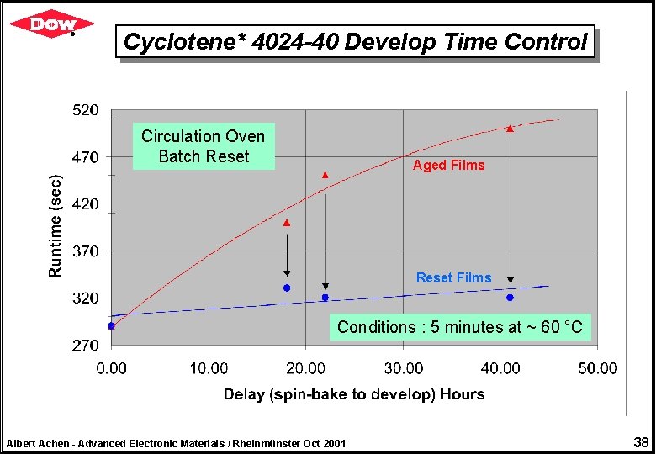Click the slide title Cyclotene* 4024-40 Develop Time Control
pyautogui.click(x=355, y=41)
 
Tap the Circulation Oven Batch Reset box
pyautogui.click(x=204, y=146)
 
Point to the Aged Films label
pyautogui.click(x=448, y=166)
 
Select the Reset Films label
pyautogui.click(x=453, y=277)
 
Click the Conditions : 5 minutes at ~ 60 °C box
pyautogui.click(x=459, y=327)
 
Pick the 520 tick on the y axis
pyautogui.click(x=85, y=110)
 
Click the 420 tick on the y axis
pyautogui.click(x=85, y=204)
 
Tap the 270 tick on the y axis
pyautogui.click(x=85, y=345)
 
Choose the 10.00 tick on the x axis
pyautogui.click(x=209, y=368)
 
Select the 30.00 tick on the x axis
pyautogui.click(x=404, y=368)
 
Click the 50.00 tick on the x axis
pyautogui.click(x=598, y=368)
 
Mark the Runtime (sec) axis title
pyautogui.click(x=56, y=226)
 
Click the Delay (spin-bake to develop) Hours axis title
pyautogui.click(x=354, y=393)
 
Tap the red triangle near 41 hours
pyautogui.click(x=510, y=129)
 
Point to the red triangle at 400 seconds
pyautogui.click(x=287, y=224)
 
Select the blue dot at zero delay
pyautogui.click(x=112, y=325)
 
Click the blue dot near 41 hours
pyautogui.click(x=510, y=298)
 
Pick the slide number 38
pyautogui.click(x=640, y=442)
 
